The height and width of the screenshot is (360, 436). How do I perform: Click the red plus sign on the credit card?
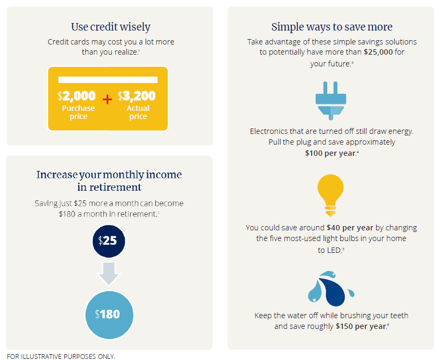107,99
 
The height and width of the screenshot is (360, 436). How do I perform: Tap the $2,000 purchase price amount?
77,96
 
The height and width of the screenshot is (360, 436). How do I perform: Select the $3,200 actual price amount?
137,96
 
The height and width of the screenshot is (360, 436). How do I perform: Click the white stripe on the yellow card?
108,80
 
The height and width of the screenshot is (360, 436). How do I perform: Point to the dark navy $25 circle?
109,241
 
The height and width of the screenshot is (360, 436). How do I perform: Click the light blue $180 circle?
109,315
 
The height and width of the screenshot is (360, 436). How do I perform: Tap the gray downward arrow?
109,273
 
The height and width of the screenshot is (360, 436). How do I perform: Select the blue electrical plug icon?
330,101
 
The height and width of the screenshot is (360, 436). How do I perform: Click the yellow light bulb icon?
330,196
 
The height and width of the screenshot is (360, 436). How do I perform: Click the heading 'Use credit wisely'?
111,27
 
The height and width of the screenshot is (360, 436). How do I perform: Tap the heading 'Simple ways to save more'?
332,27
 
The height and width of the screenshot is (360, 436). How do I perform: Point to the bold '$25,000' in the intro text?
378,52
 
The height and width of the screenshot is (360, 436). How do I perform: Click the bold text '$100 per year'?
330,153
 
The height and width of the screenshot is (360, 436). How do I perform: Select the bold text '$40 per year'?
350,228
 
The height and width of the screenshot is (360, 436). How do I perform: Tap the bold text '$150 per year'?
361,326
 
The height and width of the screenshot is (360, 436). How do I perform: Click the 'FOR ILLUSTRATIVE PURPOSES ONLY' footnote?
61,356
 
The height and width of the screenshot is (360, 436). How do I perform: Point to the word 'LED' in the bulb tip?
334,250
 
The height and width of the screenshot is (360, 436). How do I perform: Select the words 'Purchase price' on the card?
78,112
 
